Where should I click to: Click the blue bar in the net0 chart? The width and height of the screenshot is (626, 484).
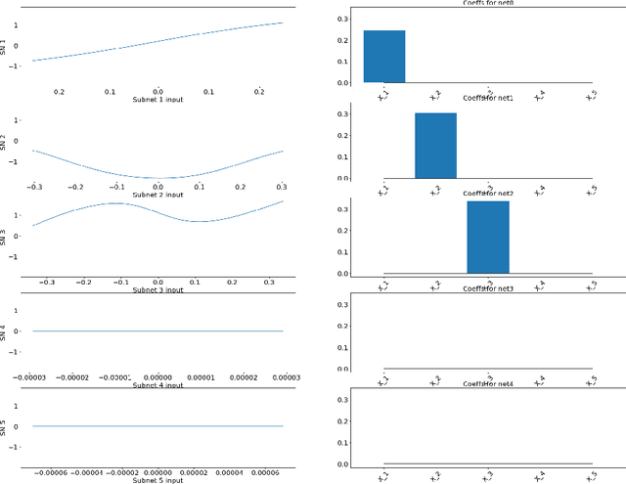tap(384, 57)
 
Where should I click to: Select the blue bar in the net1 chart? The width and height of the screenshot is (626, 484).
tap(435, 146)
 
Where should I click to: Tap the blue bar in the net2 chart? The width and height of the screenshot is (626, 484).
tap(487, 237)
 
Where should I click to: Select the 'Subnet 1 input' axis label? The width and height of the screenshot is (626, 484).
tap(157, 100)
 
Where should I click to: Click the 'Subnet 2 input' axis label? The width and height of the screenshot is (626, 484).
tap(157, 195)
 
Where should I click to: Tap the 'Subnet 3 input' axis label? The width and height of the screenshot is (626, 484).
tap(157, 289)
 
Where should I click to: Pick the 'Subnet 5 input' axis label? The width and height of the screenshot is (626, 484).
tap(157, 480)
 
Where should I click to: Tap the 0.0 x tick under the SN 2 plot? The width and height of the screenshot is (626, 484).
tap(157, 186)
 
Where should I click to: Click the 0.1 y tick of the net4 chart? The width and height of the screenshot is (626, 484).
tap(342, 442)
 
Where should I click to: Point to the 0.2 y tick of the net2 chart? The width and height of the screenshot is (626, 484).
tap(342, 231)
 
